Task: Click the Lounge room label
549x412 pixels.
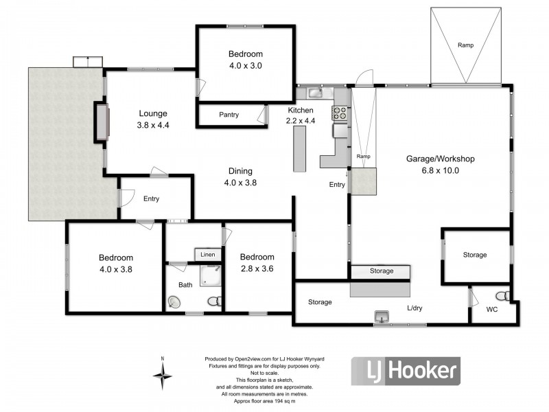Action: (153, 113)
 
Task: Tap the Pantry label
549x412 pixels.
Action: (229, 115)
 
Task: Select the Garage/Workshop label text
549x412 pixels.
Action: (441, 159)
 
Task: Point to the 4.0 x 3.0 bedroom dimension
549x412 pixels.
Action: (245, 66)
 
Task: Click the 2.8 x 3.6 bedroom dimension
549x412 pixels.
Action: (257, 269)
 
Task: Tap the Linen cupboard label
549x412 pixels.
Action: (208, 255)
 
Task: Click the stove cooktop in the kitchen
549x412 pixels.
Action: (340, 112)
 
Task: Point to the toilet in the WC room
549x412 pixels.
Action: (503, 296)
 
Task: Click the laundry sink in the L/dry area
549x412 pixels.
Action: (381, 316)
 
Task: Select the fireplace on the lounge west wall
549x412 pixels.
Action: (101, 122)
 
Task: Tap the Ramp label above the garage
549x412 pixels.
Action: (465, 45)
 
